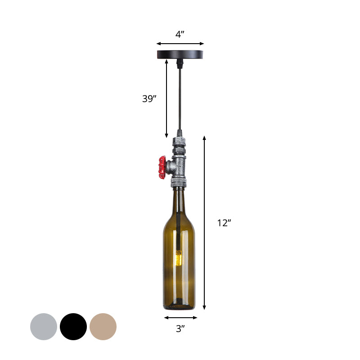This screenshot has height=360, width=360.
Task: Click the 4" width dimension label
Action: coord(180,34)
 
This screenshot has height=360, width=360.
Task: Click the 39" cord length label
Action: coord(149,99)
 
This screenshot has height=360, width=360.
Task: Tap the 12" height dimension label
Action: coord(224,223)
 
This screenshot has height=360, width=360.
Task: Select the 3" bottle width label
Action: coord(180,329)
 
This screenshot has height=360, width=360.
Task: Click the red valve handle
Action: coord(162,165)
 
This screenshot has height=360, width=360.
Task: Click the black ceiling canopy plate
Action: coord(180,54)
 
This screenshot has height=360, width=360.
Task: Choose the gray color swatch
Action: coord(44,327)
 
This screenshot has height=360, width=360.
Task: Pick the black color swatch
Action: coord(73,327)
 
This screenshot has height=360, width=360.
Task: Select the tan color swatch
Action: coord(103,327)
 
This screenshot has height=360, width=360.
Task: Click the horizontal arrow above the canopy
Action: coord(180,44)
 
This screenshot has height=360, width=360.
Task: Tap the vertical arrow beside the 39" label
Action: coord(167,99)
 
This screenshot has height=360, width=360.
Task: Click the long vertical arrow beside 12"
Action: coord(205,223)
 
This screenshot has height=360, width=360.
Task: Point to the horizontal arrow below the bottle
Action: coord(180,318)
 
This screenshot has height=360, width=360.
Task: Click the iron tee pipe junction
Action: coord(180,166)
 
